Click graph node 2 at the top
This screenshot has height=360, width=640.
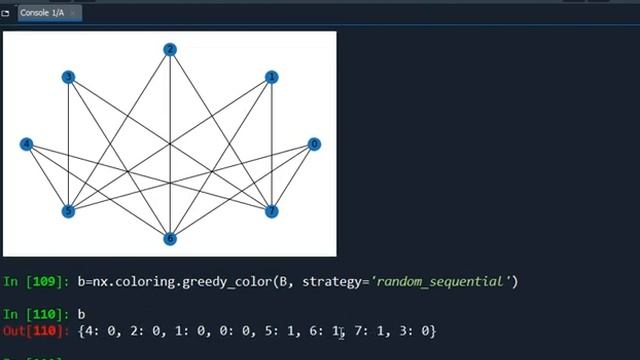[x=170, y=49]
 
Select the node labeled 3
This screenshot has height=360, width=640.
[x=68, y=76]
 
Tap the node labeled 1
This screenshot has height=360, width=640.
[x=271, y=76]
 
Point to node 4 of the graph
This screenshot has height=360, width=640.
[x=26, y=144]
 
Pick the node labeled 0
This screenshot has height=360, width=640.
[x=314, y=144]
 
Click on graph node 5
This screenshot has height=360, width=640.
[x=68, y=211]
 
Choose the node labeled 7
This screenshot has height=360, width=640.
[x=271, y=211]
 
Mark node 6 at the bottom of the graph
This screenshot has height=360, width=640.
[x=170, y=238]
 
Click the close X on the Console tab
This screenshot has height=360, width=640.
[x=74, y=13]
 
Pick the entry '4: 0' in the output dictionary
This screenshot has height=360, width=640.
[x=98, y=331]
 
